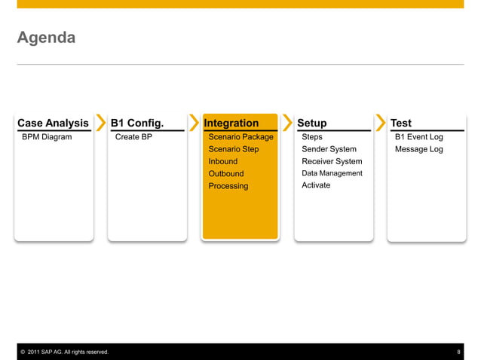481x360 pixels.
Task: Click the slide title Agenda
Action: [47, 37]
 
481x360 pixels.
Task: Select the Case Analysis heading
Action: [53, 123]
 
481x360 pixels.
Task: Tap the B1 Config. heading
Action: [137, 123]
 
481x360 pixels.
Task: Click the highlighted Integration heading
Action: [231, 123]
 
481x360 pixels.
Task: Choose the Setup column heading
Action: [312, 123]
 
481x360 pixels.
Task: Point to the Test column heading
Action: [401, 123]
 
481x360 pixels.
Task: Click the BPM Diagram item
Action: [47, 137]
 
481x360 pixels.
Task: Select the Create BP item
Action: [133, 137]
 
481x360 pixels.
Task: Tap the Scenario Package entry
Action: [240, 137]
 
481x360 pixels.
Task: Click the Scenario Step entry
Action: [233, 149]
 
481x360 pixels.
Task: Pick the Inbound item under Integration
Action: [222, 161]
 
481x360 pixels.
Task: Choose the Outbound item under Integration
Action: [226, 174]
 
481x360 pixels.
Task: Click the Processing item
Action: [228, 186]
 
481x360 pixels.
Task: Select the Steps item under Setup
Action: [312, 137]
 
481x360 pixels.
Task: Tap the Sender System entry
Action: [329, 149]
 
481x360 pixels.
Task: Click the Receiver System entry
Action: [332, 161]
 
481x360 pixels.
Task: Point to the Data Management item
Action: [332, 173]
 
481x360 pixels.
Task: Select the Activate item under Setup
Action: [316, 185]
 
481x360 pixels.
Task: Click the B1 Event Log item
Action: [418, 137]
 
